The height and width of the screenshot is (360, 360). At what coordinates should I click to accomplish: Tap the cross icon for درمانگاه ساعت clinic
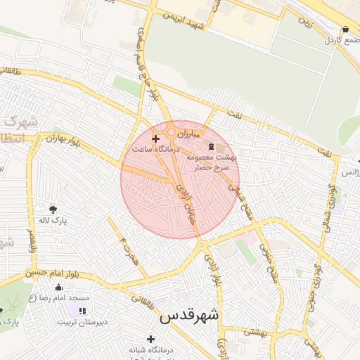coord(155,139)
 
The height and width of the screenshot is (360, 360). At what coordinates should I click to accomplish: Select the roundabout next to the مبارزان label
coord(171,132)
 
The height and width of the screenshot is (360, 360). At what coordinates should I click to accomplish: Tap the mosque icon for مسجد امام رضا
coord(58,287)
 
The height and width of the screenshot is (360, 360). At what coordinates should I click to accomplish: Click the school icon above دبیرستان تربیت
coord(82,311)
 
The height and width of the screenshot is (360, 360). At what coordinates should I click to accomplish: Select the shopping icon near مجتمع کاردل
coord(345,30)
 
